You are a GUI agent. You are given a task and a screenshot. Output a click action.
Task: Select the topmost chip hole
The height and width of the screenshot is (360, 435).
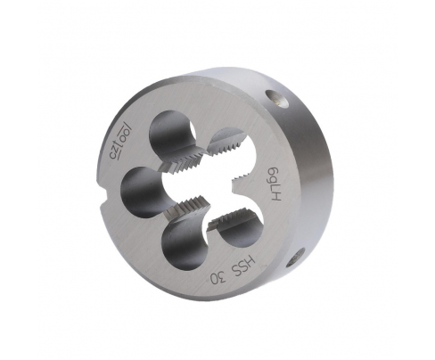pyautogui.click(x=172, y=133)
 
